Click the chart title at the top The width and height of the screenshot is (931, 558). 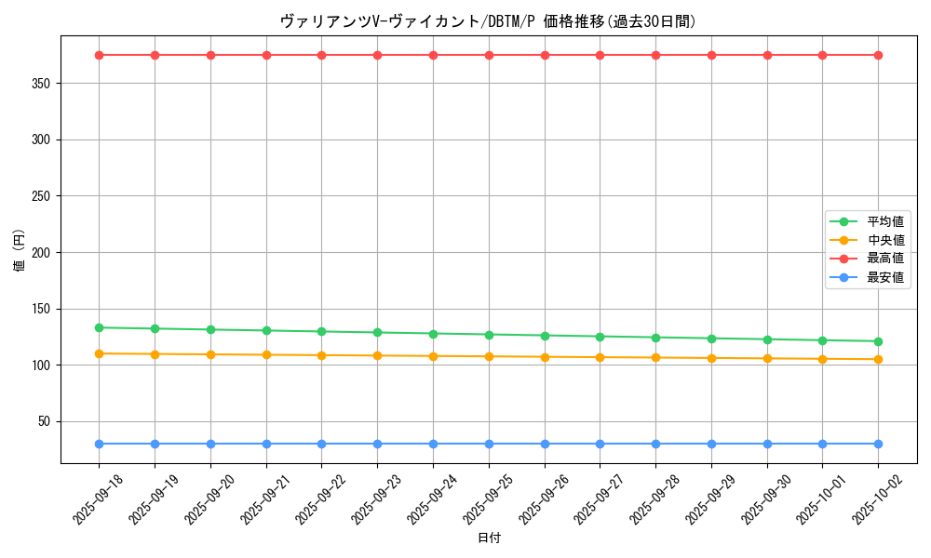[489, 21]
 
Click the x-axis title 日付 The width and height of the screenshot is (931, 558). [489, 538]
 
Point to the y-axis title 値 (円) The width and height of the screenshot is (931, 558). [20, 252]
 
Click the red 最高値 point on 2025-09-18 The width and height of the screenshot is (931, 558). [99, 55]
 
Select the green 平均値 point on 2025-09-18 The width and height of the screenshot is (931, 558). [99, 327]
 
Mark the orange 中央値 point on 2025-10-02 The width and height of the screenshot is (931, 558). [878, 359]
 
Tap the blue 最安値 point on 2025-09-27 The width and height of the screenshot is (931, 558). [600, 444]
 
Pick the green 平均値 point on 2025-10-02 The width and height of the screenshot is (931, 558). [878, 341]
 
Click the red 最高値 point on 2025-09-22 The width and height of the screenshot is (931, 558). [321, 55]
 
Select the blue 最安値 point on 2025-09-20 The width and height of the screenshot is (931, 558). [210, 444]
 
